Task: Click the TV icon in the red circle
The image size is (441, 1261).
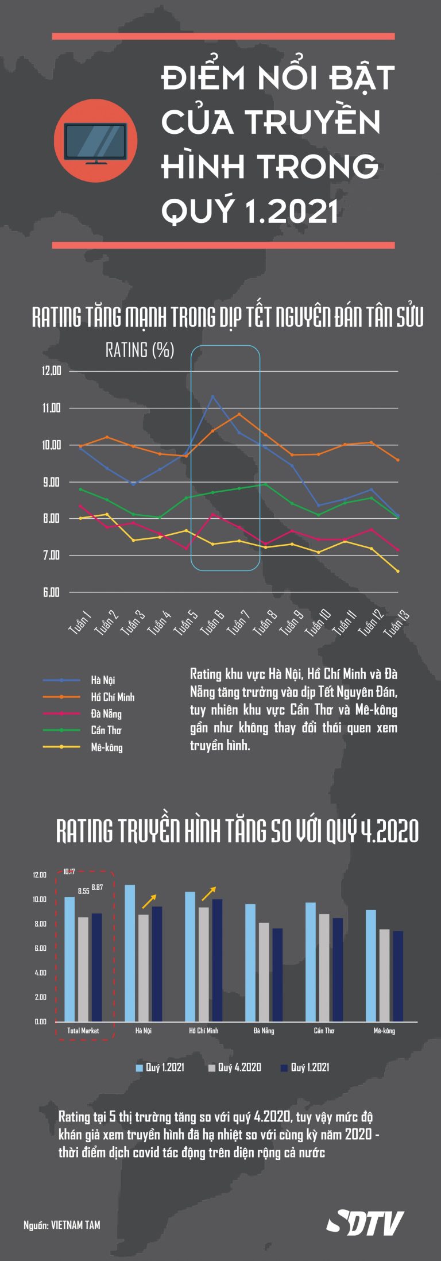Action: [x=95, y=141]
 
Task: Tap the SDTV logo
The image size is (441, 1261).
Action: [x=365, y=1223]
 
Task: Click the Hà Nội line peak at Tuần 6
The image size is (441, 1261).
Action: [x=213, y=396]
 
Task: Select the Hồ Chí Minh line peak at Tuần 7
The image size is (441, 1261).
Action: [x=239, y=414]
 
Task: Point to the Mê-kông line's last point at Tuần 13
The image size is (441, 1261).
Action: [x=398, y=571]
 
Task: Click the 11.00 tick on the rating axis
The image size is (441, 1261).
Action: [x=51, y=408]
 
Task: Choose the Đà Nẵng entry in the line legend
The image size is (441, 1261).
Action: [x=106, y=714]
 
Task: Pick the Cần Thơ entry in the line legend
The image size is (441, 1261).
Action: [x=106, y=730]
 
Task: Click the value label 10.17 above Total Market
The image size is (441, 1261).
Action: [x=69, y=871]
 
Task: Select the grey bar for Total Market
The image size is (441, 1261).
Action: [x=83, y=969]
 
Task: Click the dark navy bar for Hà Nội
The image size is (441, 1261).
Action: [x=157, y=964]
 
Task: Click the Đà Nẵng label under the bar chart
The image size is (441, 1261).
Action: [x=264, y=1031]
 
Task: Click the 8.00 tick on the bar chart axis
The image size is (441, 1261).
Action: [x=40, y=924]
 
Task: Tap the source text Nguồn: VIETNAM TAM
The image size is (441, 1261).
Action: [x=62, y=1225]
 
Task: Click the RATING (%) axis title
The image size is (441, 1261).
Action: [x=140, y=349]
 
